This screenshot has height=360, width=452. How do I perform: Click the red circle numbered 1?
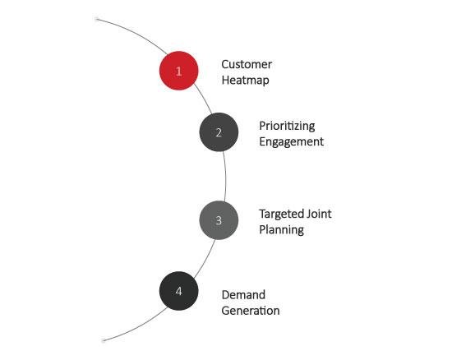tap(178, 71)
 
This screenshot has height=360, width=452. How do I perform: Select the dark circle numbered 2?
tap(219, 132)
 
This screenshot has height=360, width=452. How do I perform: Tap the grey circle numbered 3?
tap(219, 220)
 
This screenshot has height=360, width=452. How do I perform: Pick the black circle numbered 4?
tap(178, 291)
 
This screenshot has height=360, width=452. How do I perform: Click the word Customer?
tap(247, 64)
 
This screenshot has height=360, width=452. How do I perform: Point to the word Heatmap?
tap(246, 80)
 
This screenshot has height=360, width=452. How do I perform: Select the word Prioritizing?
tap(287, 126)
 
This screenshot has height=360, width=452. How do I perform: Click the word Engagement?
tap(291, 142)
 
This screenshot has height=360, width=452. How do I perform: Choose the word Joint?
tap(319, 214)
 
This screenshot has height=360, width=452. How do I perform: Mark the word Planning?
tap(281, 230)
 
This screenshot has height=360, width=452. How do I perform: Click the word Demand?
tap(243, 295)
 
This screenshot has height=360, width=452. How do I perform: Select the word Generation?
tap(251, 311)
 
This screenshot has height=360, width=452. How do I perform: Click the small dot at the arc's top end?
tap(97, 19)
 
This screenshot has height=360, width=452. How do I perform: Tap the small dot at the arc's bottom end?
tap(104, 341)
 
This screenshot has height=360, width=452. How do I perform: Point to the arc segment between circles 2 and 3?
tap(225, 176)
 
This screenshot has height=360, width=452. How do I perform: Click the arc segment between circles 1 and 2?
tap(204, 98)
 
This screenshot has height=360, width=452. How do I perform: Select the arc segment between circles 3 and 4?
tap(205, 260)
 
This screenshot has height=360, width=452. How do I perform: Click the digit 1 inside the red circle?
tap(178, 71)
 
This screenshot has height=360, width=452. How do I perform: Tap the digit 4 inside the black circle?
tap(178, 291)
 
